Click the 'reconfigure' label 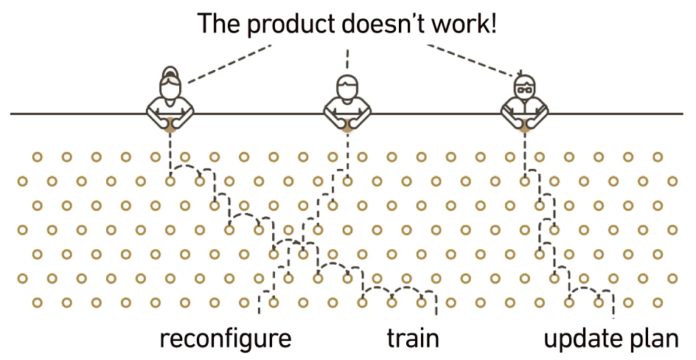pos(226,339)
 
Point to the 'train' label pos(413,339)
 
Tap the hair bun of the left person pos(170,72)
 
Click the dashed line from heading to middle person pos(347,58)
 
